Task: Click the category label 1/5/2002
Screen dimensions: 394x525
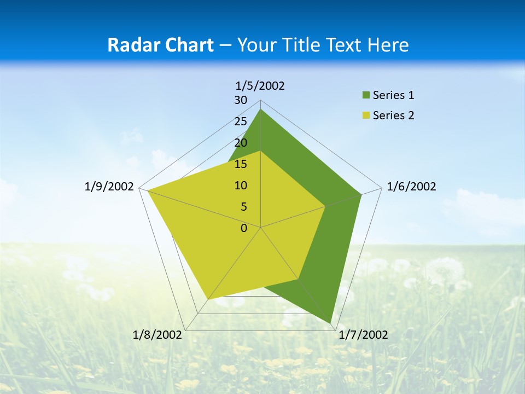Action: pos(260,86)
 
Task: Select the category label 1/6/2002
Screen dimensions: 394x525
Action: pos(411,187)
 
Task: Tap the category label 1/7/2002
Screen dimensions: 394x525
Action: pos(363,335)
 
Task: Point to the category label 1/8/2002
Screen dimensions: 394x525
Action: pos(157,335)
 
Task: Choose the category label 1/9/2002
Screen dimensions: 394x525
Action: pos(109,187)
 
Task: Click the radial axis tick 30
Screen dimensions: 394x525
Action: pos(241,100)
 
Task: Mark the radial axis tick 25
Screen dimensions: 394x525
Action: pos(241,121)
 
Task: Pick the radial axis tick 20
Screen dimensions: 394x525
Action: pos(241,143)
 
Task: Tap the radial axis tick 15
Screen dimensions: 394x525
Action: pos(241,164)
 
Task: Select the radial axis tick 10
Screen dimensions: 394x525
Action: pos(241,186)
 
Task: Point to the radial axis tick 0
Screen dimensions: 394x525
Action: pos(244,228)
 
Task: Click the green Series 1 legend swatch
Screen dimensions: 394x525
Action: pos(365,96)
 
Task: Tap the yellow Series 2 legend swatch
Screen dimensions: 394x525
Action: pos(365,115)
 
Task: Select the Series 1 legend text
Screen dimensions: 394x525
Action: pos(393,95)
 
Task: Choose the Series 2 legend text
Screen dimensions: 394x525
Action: pos(393,115)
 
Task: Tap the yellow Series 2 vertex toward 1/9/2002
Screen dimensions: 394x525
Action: pos(148,190)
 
